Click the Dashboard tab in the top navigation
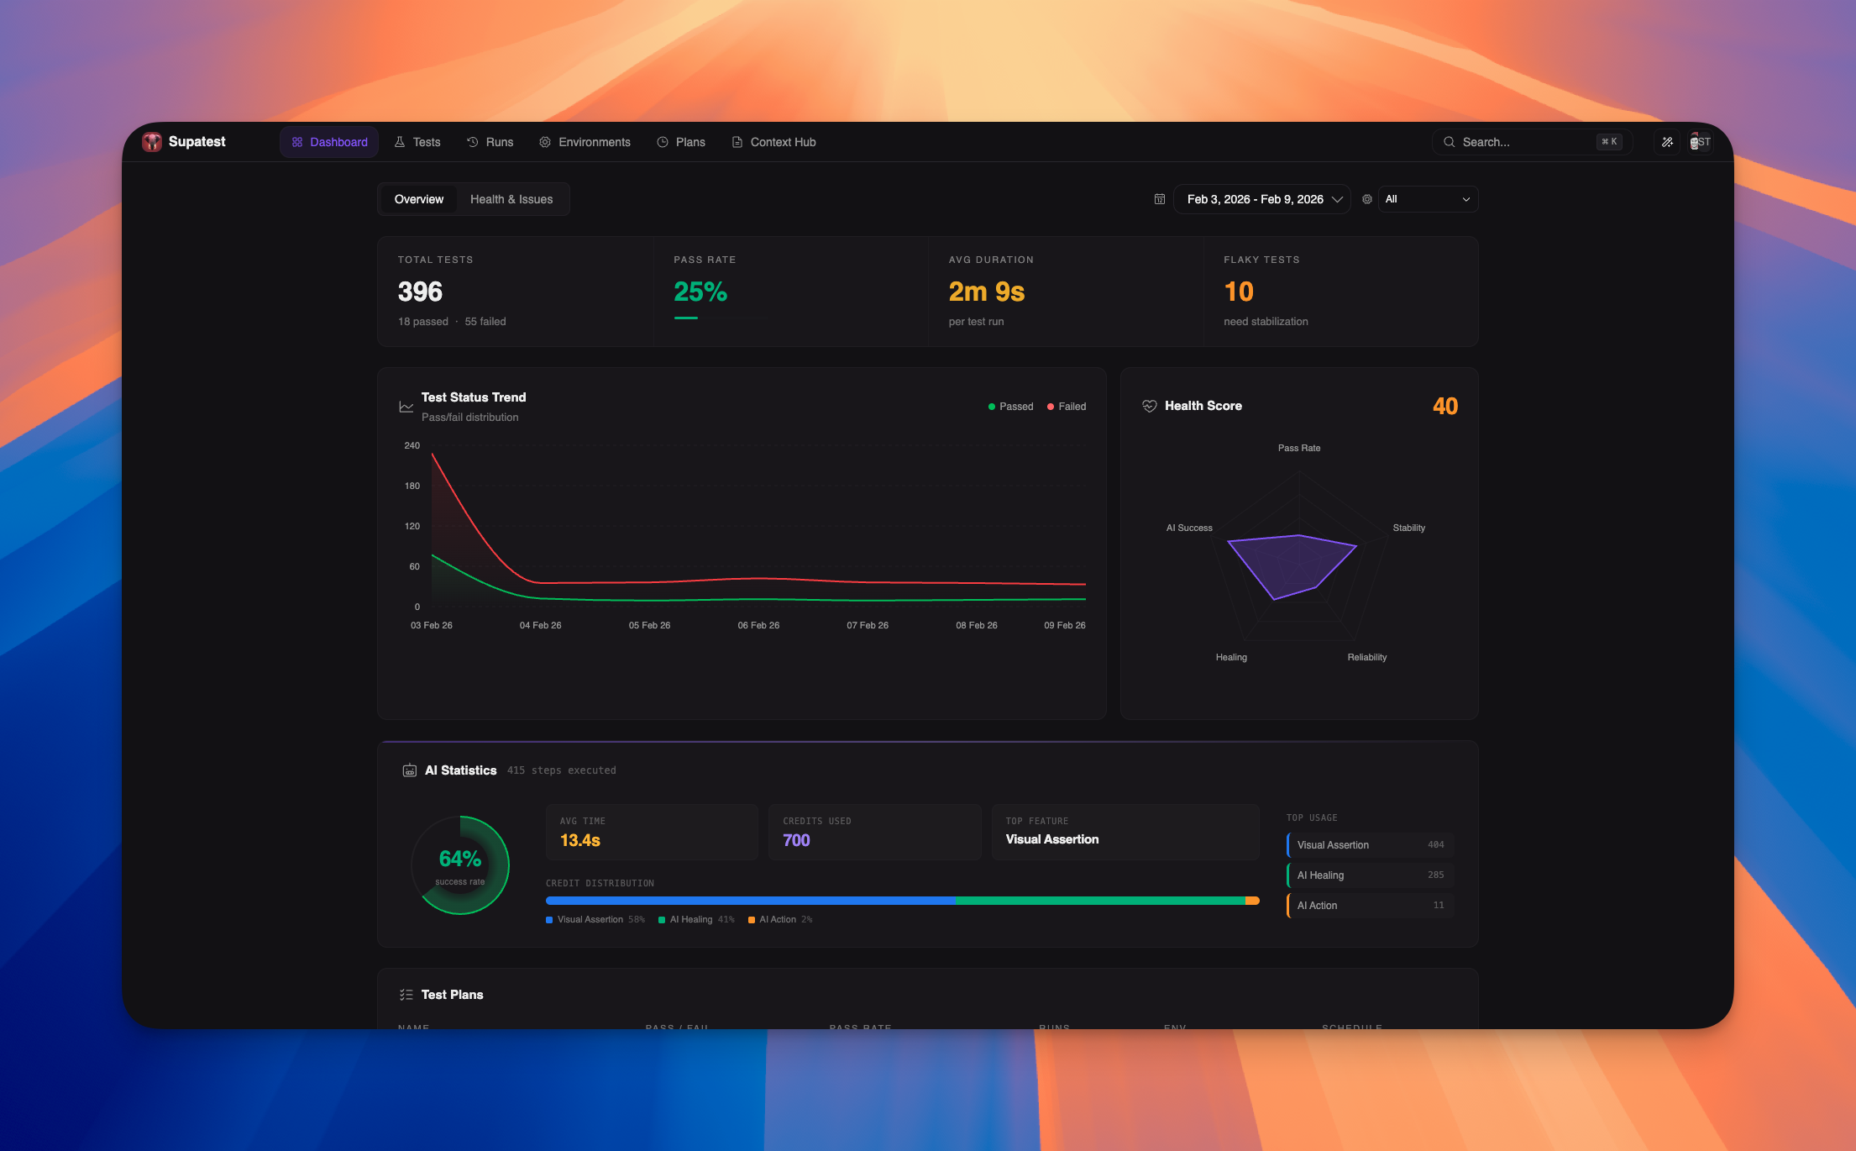[329, 142]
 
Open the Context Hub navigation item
[773, 142]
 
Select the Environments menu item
[585, 142]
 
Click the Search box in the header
[1520, 142]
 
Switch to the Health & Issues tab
[511, 199]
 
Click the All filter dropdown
[1427, 199]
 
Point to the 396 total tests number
[420, 292]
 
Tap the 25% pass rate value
[700, 292]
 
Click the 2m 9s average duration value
[986, 292]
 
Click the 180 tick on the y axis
[412, 486]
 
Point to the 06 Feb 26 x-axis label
[758, 625]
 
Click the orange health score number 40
[1444, 407]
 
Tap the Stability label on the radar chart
[1408, 528]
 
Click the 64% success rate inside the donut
[459, 859]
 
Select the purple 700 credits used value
[796, 840]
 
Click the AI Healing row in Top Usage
[1369, 875]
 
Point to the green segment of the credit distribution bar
[1100, 901]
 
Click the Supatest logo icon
[152, 142]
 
